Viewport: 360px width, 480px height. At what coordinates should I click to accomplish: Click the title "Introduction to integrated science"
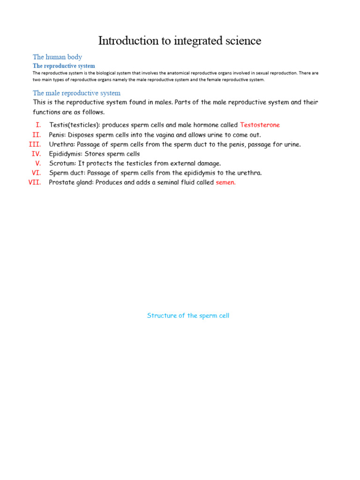coord(180,41)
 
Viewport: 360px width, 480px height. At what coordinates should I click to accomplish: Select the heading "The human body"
coord(57,57)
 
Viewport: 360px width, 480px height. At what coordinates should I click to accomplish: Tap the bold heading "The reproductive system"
coord(64,66)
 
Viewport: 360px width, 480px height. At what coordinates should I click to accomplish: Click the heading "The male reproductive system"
coord(76,93)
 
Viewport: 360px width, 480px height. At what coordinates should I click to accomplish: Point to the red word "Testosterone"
coord(260,125)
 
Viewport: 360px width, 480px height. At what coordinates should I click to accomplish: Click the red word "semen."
coord(225,182)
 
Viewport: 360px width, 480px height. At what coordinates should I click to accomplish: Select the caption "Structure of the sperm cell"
coord(188,315)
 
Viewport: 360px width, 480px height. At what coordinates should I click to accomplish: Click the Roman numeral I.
coord(38,125)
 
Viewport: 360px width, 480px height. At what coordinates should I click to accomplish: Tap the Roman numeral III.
coord(35,144)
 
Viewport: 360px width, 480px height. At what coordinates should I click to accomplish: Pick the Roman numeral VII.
coord(35,182)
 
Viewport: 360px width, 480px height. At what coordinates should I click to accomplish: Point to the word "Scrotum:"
coord(62,163)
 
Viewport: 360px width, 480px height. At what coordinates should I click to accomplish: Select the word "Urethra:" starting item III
coord(61,144)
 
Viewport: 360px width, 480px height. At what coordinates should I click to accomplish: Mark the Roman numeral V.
coord(38,163)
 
